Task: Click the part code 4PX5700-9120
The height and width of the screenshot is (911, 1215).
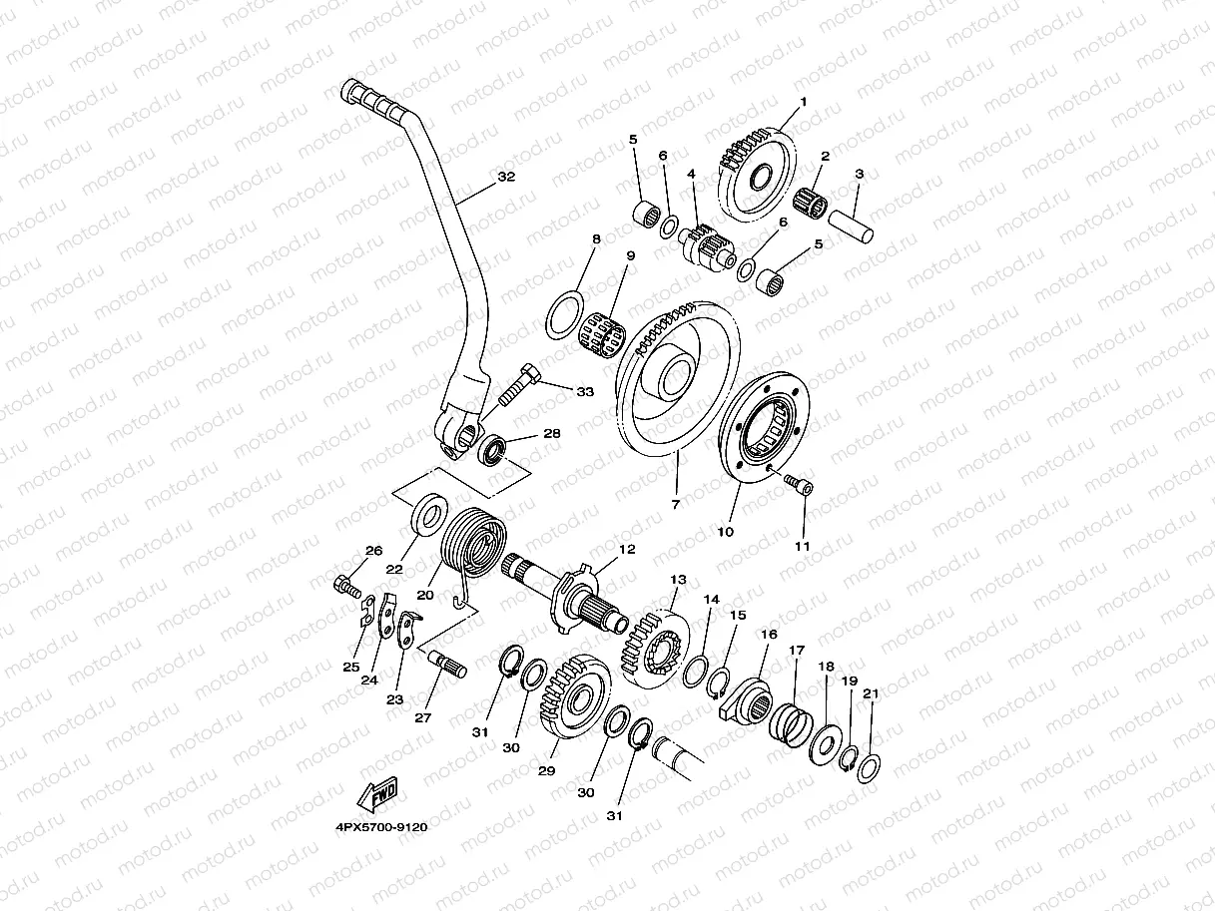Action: (381, 827)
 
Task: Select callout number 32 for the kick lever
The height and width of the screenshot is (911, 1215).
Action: (506, 177)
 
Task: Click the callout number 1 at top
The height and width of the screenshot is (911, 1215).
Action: (802, 102)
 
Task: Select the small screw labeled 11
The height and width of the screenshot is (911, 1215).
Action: (801, 486)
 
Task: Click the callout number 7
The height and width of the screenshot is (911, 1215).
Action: (676, 504)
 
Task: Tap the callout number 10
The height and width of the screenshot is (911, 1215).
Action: (726, 531)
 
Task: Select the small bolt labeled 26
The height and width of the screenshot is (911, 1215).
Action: (345, 586)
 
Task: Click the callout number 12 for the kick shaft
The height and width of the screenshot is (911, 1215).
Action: (626, 549)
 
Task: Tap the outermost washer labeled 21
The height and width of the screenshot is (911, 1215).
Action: (869, 765)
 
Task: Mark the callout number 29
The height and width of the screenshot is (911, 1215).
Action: (546, 771)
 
